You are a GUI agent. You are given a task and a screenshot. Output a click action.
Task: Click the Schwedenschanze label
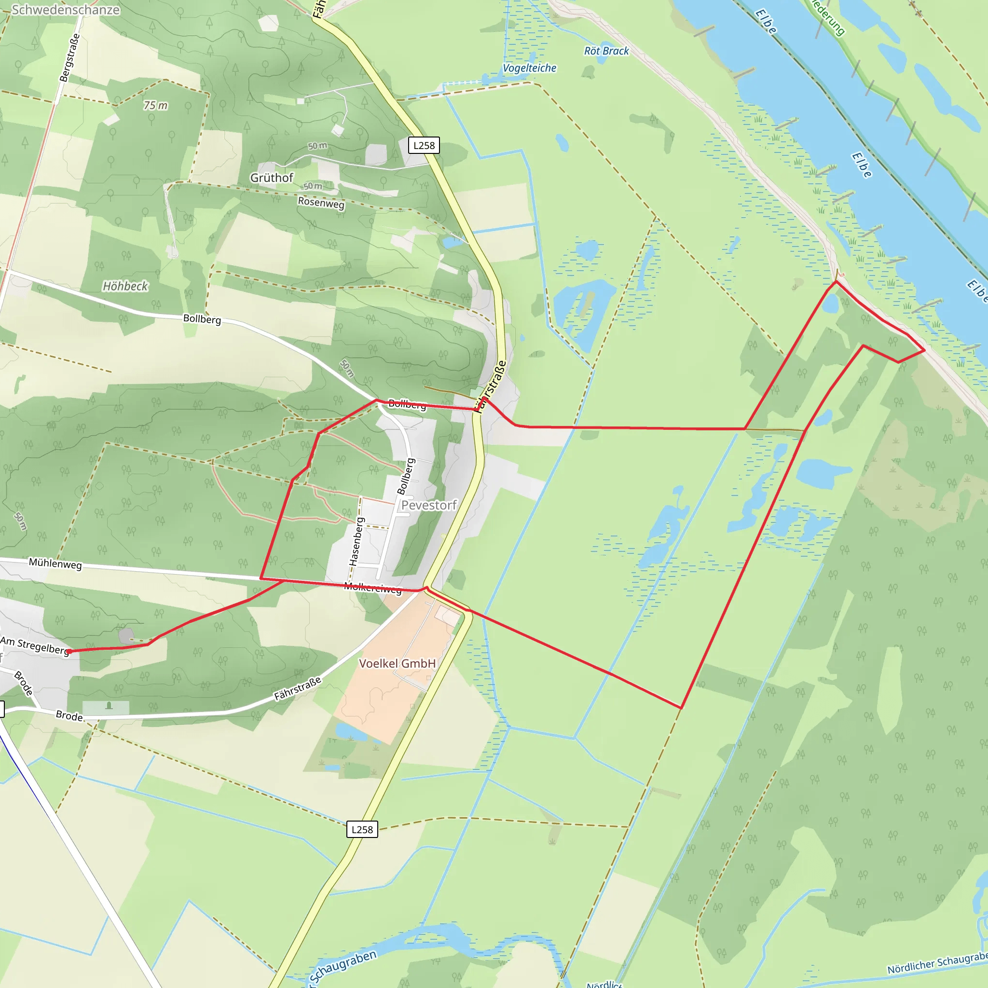pos(66,10)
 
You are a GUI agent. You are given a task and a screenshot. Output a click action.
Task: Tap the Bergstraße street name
pos(69,57)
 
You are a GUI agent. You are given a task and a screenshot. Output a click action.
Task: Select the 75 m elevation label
pos(155,105)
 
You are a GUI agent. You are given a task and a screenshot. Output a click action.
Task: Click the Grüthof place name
pos(272,178)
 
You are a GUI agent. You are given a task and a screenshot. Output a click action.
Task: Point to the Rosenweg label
pos(321,203)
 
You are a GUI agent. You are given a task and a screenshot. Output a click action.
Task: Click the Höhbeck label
pos(125,286)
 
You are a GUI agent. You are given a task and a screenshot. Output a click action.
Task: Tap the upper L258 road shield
pos(424,146)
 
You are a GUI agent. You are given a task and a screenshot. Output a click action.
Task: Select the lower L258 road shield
pos(362,829)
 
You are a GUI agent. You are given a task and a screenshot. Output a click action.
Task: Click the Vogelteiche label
pos(529,68)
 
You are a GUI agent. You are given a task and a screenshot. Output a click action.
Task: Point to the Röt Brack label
pos(606,51)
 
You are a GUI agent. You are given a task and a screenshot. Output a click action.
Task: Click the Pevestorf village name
pos(428,505)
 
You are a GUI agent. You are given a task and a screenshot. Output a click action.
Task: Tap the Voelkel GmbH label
pos(398,664)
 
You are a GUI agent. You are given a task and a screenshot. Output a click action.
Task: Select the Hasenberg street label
pos(357,542)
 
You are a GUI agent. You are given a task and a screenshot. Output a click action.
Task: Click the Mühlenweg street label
pos(55,563)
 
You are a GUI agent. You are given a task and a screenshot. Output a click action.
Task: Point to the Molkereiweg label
pos(373,588)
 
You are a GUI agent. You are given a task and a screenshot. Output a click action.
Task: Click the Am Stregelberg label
pos(35,645)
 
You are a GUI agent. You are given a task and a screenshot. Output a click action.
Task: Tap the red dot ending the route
pos(69,651)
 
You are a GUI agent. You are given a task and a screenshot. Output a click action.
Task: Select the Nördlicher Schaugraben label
pos(937,963)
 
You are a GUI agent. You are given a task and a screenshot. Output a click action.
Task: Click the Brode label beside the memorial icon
pos(69,716)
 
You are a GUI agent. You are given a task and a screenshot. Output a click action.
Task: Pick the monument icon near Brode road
pos(109,706)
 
